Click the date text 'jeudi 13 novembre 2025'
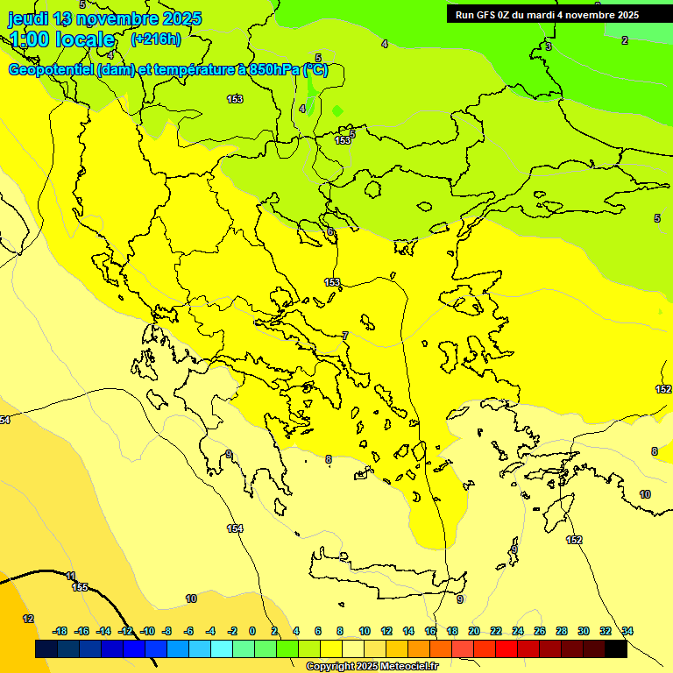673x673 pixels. pos(105,18)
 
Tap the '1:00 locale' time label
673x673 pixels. pos(62,39)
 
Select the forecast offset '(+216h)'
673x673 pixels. pos(155,39)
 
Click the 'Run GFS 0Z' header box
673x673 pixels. pos(547,15)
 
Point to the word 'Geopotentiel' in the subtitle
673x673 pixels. pos(52,71)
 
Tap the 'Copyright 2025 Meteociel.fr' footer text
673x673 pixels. pos(372,667)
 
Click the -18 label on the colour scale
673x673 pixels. pos(60,631)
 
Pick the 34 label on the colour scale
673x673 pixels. pos(627,631)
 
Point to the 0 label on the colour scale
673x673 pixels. pos(252,631)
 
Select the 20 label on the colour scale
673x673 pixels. pos(474,631)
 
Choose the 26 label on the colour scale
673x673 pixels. pos(539,631)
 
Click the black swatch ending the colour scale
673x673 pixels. pos(615,648)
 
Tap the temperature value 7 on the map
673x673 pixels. pos(345,336)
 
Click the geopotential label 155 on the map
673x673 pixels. pos(80,587)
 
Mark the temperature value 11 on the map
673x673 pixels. pos(70,576)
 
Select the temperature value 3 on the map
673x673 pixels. pos(549,46)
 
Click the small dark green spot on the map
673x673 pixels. pos(337,111)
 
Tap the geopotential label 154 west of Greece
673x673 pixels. pos(235,528)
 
